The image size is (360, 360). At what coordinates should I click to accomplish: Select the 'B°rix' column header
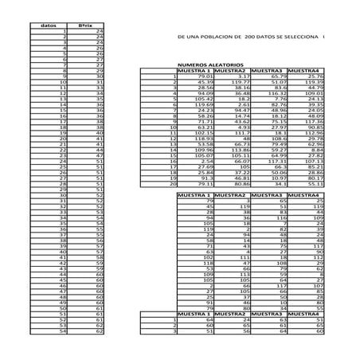[84, 25]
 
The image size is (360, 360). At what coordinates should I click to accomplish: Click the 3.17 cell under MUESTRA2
[242, 76]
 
